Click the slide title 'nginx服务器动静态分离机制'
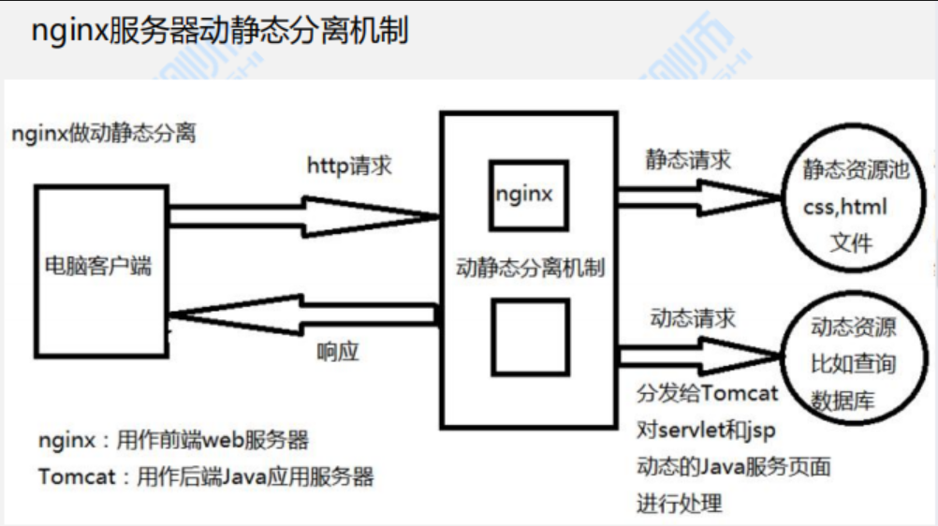(x=220, y=31)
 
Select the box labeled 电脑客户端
(x=98, y=267)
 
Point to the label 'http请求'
(x=349, y=166)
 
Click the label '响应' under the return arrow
(x=338, y=352)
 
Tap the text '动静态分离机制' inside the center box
(x=530, y=269)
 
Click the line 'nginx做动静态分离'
(x=104, y=133)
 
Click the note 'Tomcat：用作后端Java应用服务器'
(x=206, y=476)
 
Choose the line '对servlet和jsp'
(x=706, y=430)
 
